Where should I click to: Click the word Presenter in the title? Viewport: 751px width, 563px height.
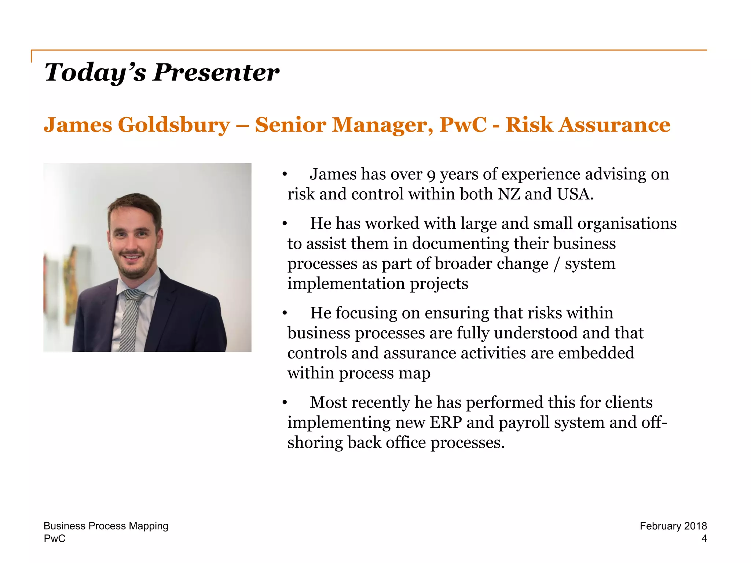click(x=216, y=72)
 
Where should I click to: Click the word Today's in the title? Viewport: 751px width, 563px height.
click(x=95, y=72)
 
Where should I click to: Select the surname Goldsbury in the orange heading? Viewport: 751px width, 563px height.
click(x=174, y=125)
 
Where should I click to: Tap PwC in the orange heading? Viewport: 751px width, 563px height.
click(x=463, y=125)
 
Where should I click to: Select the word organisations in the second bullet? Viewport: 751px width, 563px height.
click(x=627, y=224)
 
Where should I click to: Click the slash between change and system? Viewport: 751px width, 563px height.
click(x=557, y=264)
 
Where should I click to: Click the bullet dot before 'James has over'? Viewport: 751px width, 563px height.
click(x=284, y=175)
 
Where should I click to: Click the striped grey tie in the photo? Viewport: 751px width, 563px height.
click(x=131, y=319)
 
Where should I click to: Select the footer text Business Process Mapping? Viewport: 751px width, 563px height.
click(x=106, y=526)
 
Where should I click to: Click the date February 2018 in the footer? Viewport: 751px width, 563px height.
click(x=673, y=526)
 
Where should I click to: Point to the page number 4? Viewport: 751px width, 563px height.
click(x=704, y=538)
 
